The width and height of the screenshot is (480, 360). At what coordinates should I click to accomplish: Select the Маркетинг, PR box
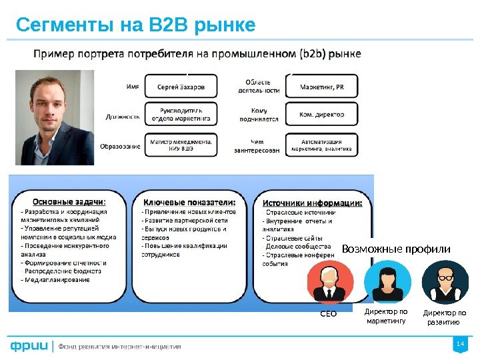point(322,87)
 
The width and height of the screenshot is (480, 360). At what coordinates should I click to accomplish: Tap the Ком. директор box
point(322,115)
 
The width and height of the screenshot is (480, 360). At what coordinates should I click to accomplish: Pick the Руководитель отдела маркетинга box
point(182,114)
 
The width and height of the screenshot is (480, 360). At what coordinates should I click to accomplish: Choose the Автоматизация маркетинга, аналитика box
point(322,145)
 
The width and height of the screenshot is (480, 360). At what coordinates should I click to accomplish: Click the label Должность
point(123,115)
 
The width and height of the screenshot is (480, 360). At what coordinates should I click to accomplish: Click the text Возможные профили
point(396,249)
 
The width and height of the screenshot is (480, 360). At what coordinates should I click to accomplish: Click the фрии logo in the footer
point(29,346)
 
